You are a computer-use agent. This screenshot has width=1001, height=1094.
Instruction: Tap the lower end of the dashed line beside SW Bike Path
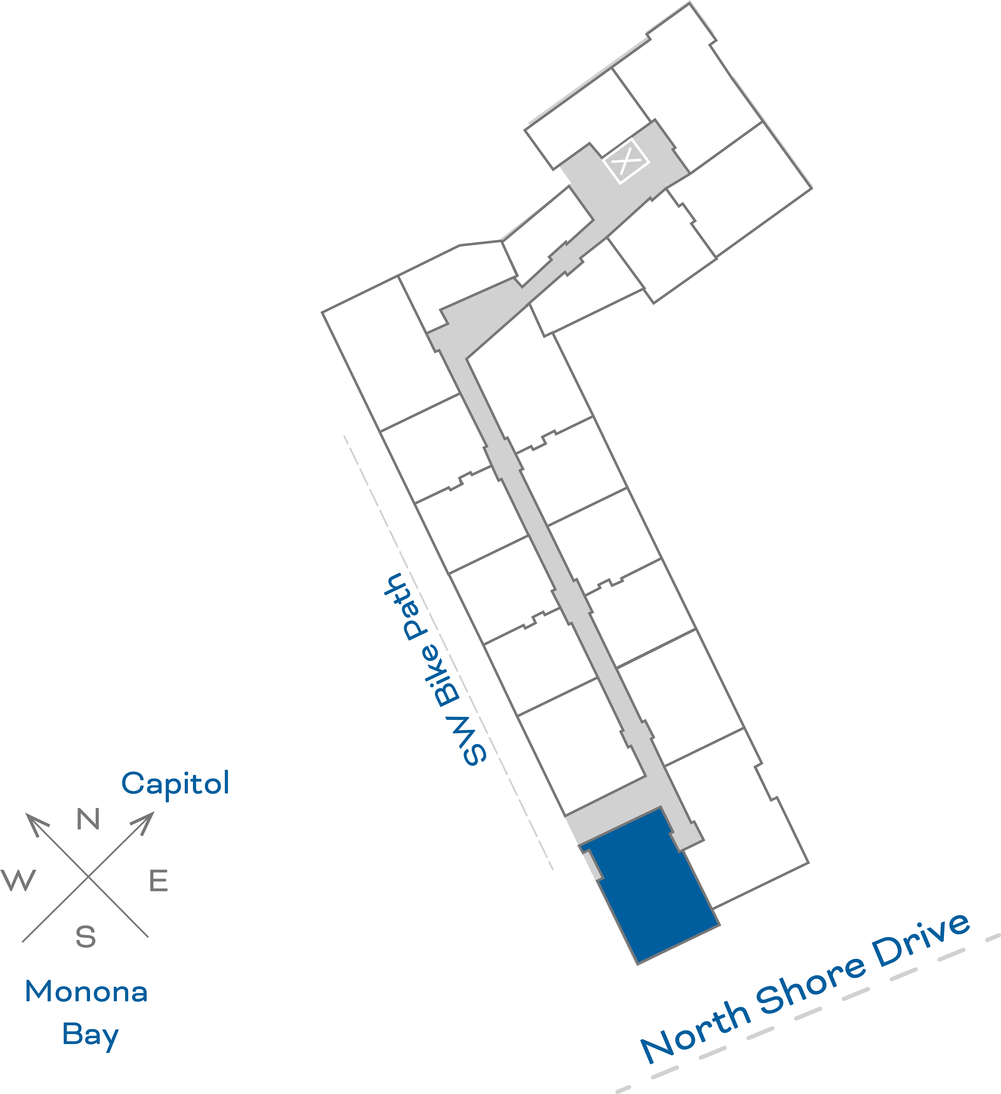click(553, 869)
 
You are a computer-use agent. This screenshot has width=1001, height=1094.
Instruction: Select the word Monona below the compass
click(86, 991)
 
